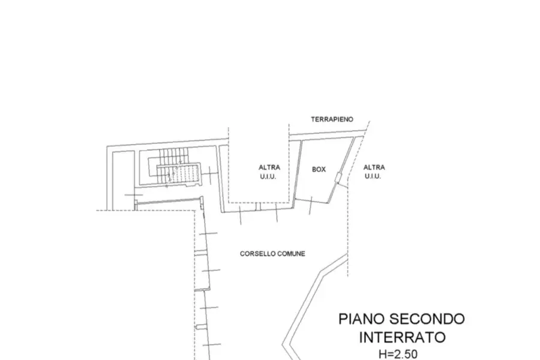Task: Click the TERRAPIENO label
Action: (332, 119)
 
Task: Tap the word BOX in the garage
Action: (319, 169)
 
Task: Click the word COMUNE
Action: (291, 254)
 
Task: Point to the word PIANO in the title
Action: (362, 319)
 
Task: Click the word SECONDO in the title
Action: (427, 319)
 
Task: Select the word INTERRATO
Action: (402, 337)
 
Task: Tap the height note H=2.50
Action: (398, 354)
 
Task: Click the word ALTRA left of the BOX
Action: (269, 167)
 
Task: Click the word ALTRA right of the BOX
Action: (374, 167)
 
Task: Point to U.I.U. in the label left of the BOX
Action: (268, 177)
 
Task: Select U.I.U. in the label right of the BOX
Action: (373, 176)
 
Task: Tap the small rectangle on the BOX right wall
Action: (338, 178)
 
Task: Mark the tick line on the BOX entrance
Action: (311, 205)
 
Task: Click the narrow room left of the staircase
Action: (123, 180)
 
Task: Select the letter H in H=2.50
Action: (382, 354)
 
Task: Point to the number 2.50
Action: (406, 354)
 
